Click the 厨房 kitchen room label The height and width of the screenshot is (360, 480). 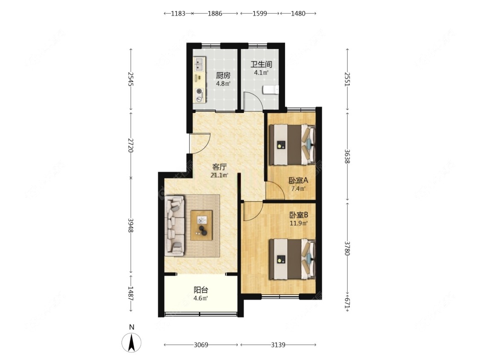(223, 75)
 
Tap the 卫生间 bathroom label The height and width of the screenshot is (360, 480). (261, 64)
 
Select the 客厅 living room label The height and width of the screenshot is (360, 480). (219, 167)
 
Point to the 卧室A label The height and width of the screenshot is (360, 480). (298, 180)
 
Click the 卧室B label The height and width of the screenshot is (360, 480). (299, 215)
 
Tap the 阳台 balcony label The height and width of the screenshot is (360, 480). (201, 290)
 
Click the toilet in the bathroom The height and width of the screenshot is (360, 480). (271, 90)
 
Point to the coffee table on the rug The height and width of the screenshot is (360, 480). (201, 225)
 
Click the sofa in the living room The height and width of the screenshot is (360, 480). (175, 226)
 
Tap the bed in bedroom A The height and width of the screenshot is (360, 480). (292, 145)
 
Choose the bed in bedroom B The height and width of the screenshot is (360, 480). (292, 259)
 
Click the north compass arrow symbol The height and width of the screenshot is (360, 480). (132, 343)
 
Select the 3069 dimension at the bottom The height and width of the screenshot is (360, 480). (201, 345)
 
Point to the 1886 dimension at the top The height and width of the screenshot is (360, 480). (215, 14)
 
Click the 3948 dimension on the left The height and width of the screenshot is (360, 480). (131, 225)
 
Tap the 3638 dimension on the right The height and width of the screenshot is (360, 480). (347, 156)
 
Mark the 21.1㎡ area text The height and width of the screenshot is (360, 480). (219, 175)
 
